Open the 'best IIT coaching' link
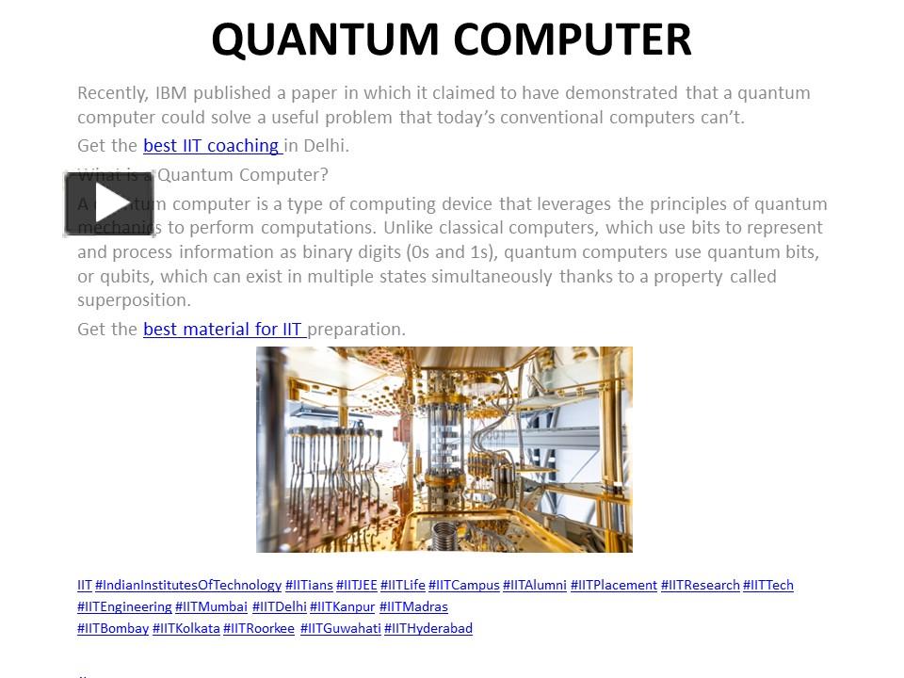[x=212, y=146]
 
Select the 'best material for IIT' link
[x=223, y=329]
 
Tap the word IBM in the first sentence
[x=171, y=93]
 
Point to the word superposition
[x=134, y=300]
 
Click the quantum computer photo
[x=444, y=448]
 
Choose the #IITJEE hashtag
[x=356, y=585]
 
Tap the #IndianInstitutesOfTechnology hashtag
[x=188, y=585]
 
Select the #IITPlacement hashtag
[x=613, y=585]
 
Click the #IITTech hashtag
[x=767, y=585]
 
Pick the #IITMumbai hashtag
[x=211, y=606]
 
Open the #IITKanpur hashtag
[x=342, y=606]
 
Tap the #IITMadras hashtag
[x=413, y=606]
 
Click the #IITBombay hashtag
[x=113, y=628]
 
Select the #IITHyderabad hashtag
[x=428, y=628]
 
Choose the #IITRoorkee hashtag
[x=259, y=628]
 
